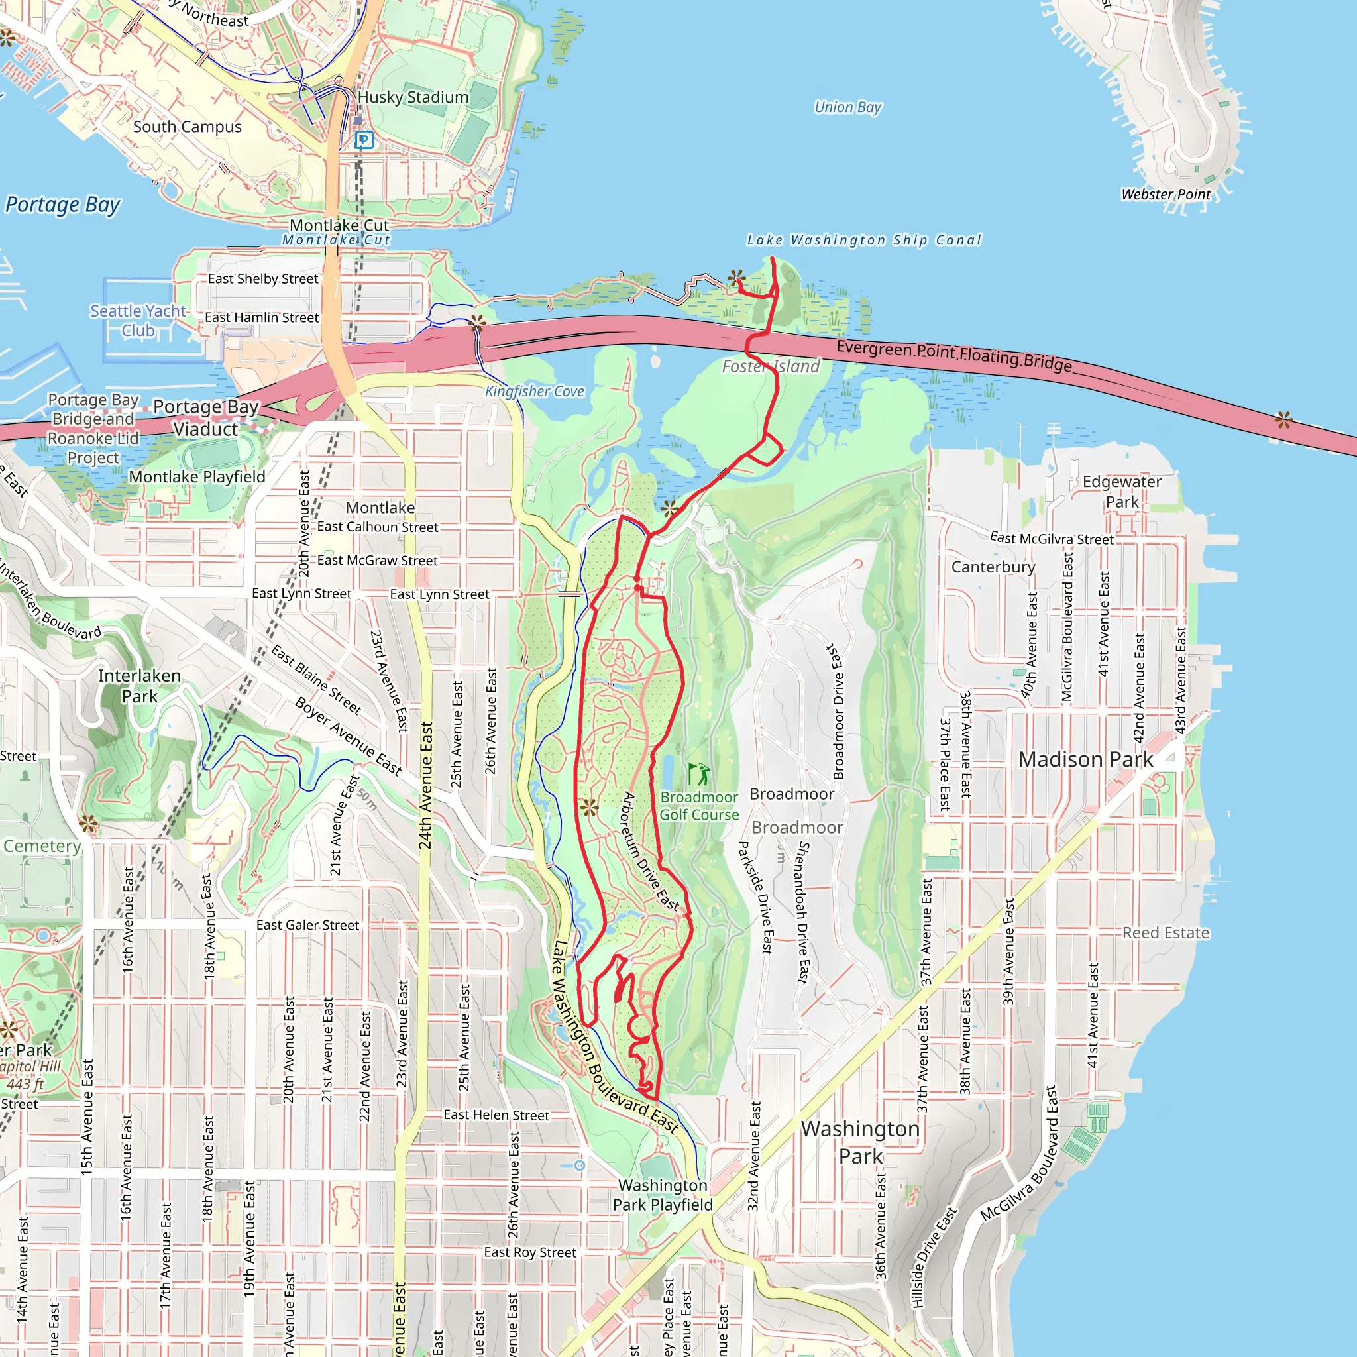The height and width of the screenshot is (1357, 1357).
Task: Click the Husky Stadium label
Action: pos(413,97)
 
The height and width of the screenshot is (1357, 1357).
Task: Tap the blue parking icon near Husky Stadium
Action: pos(363,140)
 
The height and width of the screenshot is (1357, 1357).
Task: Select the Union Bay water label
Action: pos(847,107)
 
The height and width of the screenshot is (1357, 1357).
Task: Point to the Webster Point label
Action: pos(1166,195)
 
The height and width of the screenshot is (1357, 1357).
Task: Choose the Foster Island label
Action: pos(771,366)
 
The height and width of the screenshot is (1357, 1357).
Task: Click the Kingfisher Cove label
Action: pos(535,391)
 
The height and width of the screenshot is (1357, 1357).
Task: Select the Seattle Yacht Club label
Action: pos(138,320)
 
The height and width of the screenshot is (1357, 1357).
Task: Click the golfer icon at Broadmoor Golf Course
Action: pos(698,775)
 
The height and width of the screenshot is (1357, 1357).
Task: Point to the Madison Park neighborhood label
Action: pos(1085,759)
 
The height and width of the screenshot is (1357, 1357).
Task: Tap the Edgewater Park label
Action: pos(1121,492)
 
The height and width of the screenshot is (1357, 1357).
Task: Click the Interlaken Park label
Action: pos(139,686)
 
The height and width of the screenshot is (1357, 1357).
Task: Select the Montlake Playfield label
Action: pos(197,477)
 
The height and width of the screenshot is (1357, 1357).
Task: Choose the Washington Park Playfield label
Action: pos(663,1195)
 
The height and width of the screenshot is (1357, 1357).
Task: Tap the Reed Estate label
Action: pos(1166,933)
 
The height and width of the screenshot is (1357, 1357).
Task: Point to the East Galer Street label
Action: pos(307,925)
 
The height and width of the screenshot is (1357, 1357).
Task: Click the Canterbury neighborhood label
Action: pos(993,567)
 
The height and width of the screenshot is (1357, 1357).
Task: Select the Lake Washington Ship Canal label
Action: pos(863,241)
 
